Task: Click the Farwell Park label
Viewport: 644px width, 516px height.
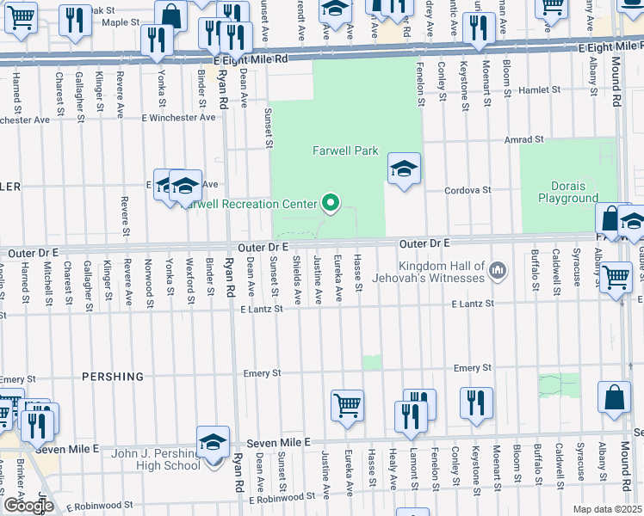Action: [344, 150]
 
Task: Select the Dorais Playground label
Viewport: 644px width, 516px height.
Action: [568, 192]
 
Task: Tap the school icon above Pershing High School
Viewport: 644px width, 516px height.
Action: [213, 444]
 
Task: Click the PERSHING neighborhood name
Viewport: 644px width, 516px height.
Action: [110, 377]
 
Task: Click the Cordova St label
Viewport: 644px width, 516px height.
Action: [468, 190]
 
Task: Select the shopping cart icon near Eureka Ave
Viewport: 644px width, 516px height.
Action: [347, 404]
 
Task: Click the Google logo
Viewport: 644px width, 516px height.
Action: [28, 506]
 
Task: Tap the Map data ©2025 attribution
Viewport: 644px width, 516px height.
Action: [607, 509]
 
